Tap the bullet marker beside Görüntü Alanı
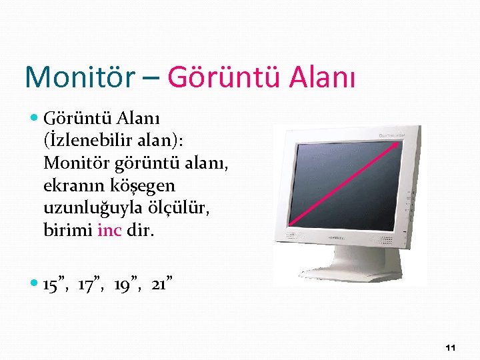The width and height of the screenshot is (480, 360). (35, 119)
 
